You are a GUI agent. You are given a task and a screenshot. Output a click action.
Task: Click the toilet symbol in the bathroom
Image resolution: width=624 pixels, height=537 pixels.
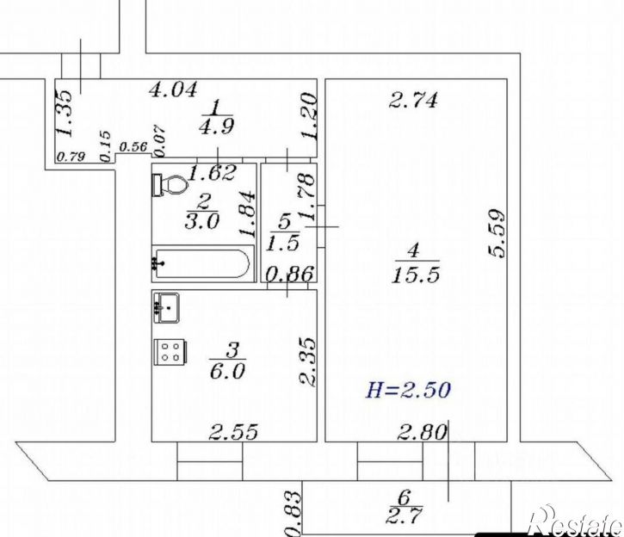pos(170,184)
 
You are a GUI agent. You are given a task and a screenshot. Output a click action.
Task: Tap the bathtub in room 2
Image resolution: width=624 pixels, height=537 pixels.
pos(203,263)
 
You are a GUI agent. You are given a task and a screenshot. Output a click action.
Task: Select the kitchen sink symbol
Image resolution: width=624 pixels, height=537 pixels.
pos(166,307)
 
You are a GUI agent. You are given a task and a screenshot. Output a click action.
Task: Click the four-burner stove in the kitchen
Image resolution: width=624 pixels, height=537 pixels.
pos(170,352)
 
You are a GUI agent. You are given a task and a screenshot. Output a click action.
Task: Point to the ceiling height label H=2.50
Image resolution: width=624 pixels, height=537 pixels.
pos(408,390)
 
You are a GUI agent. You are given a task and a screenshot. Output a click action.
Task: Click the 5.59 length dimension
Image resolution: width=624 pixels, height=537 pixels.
pos(497,233)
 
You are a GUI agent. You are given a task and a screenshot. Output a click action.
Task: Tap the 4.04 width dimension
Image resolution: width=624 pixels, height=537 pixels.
pos(173,89)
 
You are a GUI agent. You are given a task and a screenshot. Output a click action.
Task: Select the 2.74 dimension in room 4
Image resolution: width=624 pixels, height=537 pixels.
pos(412,100)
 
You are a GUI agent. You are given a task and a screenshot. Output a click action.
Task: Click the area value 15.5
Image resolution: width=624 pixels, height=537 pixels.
pos(416,275)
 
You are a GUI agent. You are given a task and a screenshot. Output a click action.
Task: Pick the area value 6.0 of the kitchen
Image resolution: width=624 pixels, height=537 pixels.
pos(227,372)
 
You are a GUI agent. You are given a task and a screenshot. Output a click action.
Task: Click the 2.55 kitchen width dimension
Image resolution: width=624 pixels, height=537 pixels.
pos(233,432)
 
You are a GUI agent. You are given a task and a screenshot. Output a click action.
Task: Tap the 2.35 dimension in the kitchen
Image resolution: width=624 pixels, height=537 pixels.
pos(307,362)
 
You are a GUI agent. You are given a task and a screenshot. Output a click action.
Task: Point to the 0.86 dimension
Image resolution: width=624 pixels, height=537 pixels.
pos(290,274)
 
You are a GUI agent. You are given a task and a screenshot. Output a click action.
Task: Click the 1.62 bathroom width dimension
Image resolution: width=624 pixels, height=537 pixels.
pos(212,173)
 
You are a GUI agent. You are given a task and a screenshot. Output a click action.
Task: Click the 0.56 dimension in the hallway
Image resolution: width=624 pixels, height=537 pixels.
pos(133,147)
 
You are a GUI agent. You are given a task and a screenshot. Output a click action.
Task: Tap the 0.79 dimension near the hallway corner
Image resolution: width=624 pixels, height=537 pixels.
pos(71,157)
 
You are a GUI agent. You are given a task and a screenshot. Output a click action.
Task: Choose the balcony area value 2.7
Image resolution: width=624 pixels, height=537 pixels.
pos(404,516)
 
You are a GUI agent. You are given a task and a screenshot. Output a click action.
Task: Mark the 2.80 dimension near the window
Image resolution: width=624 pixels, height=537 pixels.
pos(422,432)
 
